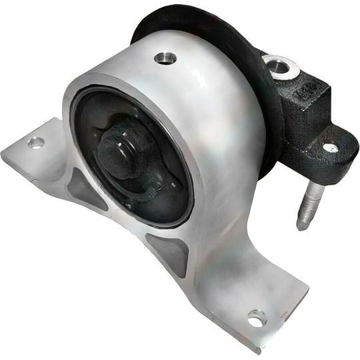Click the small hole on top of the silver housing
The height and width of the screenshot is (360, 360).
(165, 59)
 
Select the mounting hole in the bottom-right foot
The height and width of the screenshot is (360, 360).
(256, 318)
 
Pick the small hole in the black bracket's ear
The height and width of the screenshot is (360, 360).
(329, 147)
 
